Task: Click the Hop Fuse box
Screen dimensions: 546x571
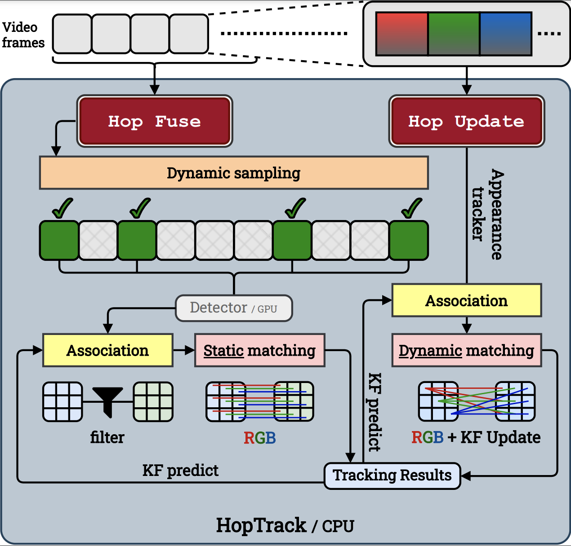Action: (155, 121)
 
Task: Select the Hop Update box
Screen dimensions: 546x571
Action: (466, 121)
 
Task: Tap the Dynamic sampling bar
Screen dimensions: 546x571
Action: (234, 173)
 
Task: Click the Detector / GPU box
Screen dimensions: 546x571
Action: (234, 308)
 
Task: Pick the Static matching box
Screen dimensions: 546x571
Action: (259, 350)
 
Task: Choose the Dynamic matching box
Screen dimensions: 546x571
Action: (466, 350)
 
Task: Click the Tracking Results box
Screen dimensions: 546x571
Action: (392, 476)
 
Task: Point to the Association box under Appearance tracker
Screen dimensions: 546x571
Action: (466, 300)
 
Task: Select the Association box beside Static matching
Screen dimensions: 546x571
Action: (107, 350)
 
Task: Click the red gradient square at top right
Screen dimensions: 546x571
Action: (402, 34)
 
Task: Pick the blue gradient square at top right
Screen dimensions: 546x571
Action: (506, 34)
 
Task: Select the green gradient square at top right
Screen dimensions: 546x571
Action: (454, 34)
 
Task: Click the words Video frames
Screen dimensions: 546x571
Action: (23, 35)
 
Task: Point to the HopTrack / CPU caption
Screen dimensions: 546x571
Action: (285, 525)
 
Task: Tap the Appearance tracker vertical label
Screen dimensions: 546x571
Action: (488, 215)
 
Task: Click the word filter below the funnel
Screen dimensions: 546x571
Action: (107, 437)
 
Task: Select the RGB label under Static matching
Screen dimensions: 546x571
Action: (259, 438)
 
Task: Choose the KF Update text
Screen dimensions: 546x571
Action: (500, 437)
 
